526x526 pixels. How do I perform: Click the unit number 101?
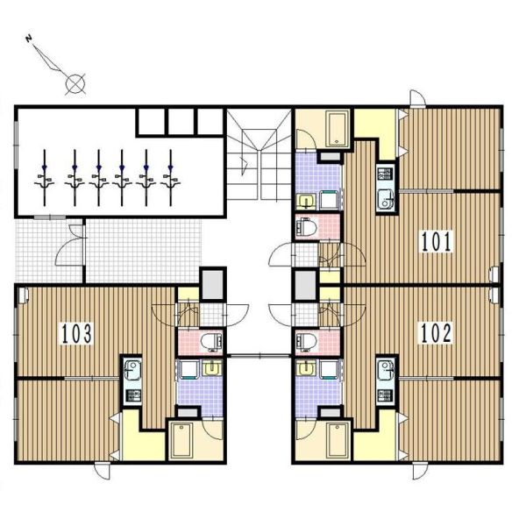click(437, 241)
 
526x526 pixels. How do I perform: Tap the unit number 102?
click(436, 333)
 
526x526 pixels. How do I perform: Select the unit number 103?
click(76, 334)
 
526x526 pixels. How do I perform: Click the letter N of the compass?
click(29, 39)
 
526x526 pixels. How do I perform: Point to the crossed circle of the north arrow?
click(75, 83)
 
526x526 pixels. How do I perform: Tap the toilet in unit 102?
click(307, 342)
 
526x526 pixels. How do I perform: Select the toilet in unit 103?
click(211, 342)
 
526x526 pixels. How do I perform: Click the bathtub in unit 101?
click(338, 129)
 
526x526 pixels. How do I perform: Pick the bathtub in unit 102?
click(338, 440)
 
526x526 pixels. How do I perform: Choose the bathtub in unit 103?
click(181, 440)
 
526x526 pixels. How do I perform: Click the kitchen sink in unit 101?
click(386, 200)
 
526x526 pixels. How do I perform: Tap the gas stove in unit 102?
click(385, 395)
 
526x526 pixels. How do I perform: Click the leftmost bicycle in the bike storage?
click(45, 178)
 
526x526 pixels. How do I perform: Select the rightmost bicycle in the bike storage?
click(170, 178)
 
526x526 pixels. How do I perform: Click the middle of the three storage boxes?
click(180, 122)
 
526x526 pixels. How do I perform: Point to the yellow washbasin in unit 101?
click(306, 202)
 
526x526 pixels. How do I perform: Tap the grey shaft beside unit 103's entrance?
click(212, 284)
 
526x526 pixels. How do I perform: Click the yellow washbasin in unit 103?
click(211, 368)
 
